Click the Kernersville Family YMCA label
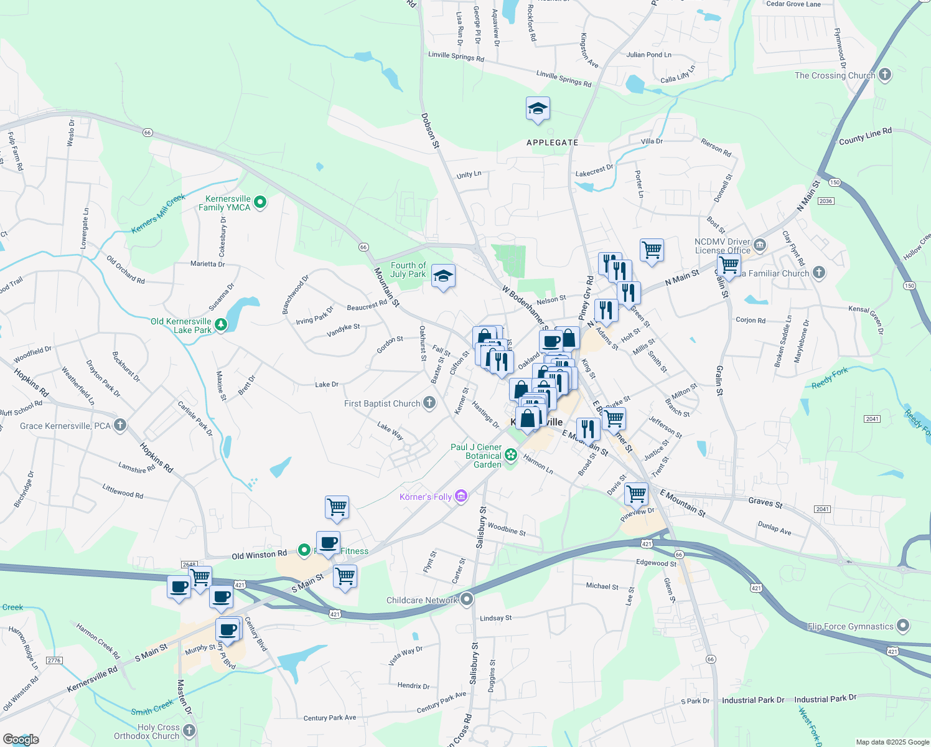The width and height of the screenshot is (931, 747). tap(224, 203)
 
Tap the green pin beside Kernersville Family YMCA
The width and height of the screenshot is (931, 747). tap(261, 202)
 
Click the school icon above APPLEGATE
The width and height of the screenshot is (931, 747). tap(538, 110)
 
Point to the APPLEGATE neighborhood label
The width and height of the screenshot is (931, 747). tap(553, 143)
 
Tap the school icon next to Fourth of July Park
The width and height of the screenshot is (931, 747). tap(443, 276)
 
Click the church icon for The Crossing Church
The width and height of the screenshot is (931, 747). tap(885, 75)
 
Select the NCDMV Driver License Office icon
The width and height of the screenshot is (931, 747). tap(759, 244)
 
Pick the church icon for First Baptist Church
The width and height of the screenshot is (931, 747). tap(429, 403)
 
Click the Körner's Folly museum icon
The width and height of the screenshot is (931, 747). tap(461, 496)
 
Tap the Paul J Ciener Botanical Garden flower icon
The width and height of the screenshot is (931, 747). tap(511, 455)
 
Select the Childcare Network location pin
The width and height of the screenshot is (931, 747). tap(467, 599)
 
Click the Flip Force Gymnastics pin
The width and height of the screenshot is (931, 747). tap(904, 626)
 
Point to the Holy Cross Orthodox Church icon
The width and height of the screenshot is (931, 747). tap(189, 731)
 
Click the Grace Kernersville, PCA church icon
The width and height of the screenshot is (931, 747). tap(120, 426)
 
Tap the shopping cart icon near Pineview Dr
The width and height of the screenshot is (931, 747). tap(636, 494)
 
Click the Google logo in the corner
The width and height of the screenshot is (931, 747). tap(21, 739)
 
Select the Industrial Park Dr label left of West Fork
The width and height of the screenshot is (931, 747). tap(753, 700)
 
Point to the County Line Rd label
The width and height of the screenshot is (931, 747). tap(865, 136)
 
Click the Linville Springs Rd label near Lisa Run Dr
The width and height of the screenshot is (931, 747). tap(456, 57)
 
